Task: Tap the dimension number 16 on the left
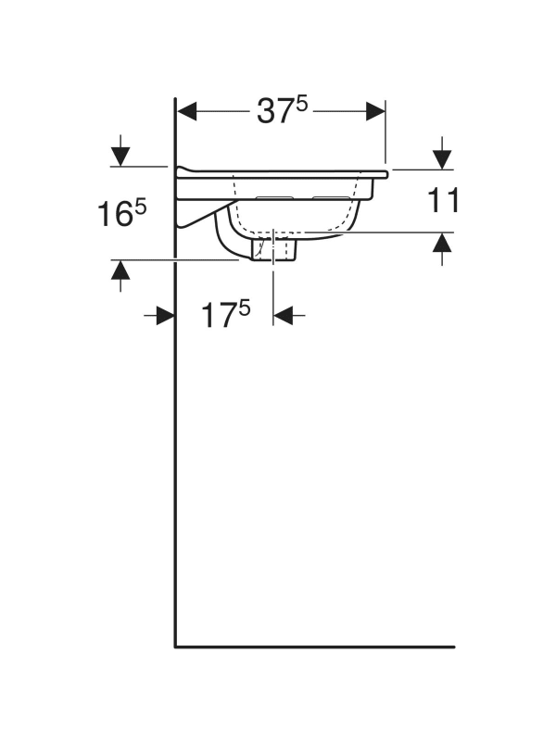click(x=114, y=214)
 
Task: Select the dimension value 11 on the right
click(x=444, y=200)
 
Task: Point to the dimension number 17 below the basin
click(x=219, y=316)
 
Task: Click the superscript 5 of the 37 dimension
click(x=302, y=105)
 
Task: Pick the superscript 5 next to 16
click(x=141, y=207)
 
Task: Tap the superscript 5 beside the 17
click(x=245, y=308)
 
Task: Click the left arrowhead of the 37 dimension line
click(x=186, y=111)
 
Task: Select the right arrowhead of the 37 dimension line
click(x=375, y=111)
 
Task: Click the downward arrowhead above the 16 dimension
click(x=120, y=157)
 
